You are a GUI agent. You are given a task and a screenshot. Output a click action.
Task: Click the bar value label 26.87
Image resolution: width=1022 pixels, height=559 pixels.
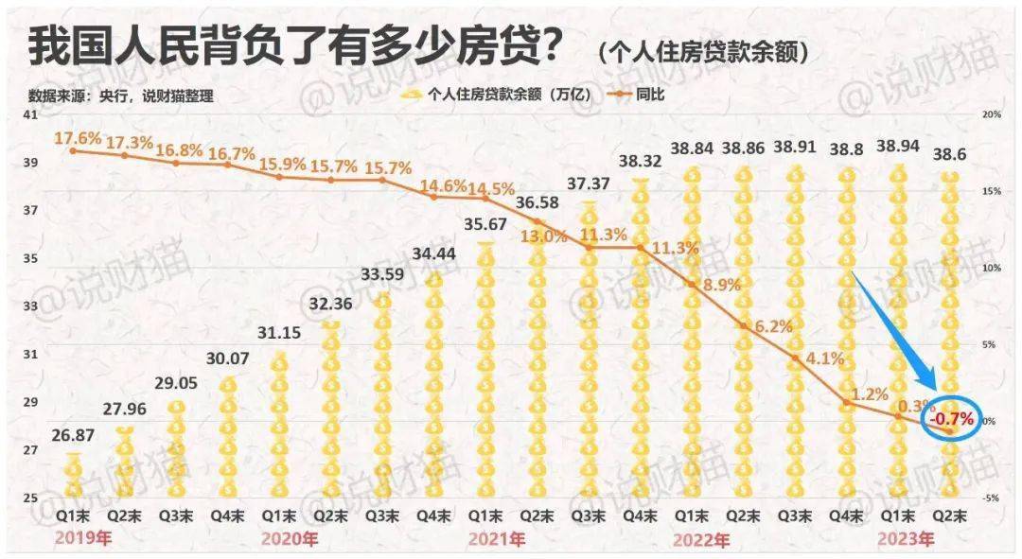tap(73, 440)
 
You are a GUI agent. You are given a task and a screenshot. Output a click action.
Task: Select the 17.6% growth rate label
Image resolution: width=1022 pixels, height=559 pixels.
tap(78, 139)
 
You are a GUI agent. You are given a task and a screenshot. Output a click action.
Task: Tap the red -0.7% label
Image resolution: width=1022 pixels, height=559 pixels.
tap(951, 418)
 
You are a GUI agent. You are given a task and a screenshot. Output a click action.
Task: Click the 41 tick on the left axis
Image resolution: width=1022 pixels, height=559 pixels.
tap(29, 114)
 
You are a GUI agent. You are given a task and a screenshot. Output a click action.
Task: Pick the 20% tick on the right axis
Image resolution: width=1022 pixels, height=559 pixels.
tap(992, 114)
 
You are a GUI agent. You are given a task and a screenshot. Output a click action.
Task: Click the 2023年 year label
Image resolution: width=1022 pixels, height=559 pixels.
tap(907, 540)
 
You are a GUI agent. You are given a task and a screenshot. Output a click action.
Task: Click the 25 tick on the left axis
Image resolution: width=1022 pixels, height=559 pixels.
tap(29, 498)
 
